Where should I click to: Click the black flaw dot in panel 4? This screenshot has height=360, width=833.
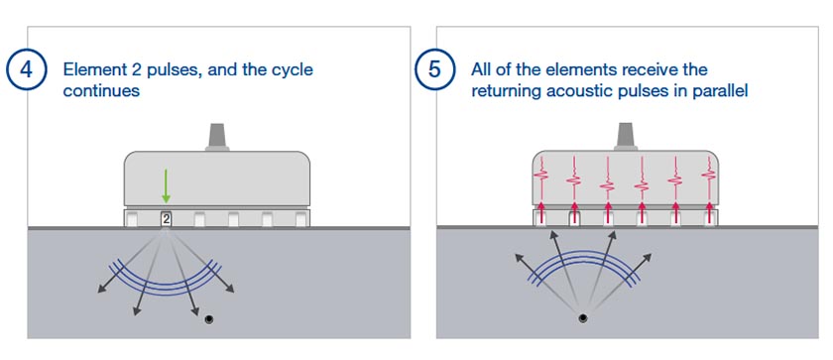pos(208,317)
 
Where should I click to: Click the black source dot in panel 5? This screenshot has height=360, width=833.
pos(581,318)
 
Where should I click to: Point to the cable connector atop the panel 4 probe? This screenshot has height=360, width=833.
pos(217,138)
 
